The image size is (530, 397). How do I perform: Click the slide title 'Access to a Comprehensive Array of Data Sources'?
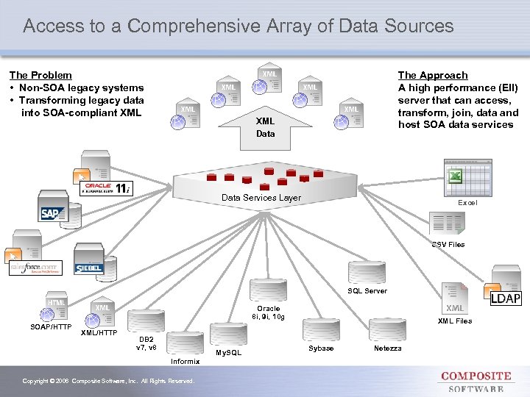238,26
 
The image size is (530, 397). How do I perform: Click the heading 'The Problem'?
40,75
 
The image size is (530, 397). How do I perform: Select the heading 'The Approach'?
432,75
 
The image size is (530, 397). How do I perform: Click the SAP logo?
52,213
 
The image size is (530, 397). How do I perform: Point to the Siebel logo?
89,268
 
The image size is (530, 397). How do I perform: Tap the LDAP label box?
506,298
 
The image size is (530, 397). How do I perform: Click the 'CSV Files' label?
448,244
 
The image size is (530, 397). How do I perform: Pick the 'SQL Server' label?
367,291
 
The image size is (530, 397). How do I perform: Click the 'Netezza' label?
387,348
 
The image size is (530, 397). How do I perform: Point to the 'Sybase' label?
321,348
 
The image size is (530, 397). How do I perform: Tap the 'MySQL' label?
228,353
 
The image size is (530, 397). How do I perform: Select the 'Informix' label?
185,362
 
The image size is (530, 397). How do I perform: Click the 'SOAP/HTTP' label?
51,326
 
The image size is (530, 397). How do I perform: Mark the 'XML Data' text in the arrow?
265,127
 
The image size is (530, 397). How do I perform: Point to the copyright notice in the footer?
109,381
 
